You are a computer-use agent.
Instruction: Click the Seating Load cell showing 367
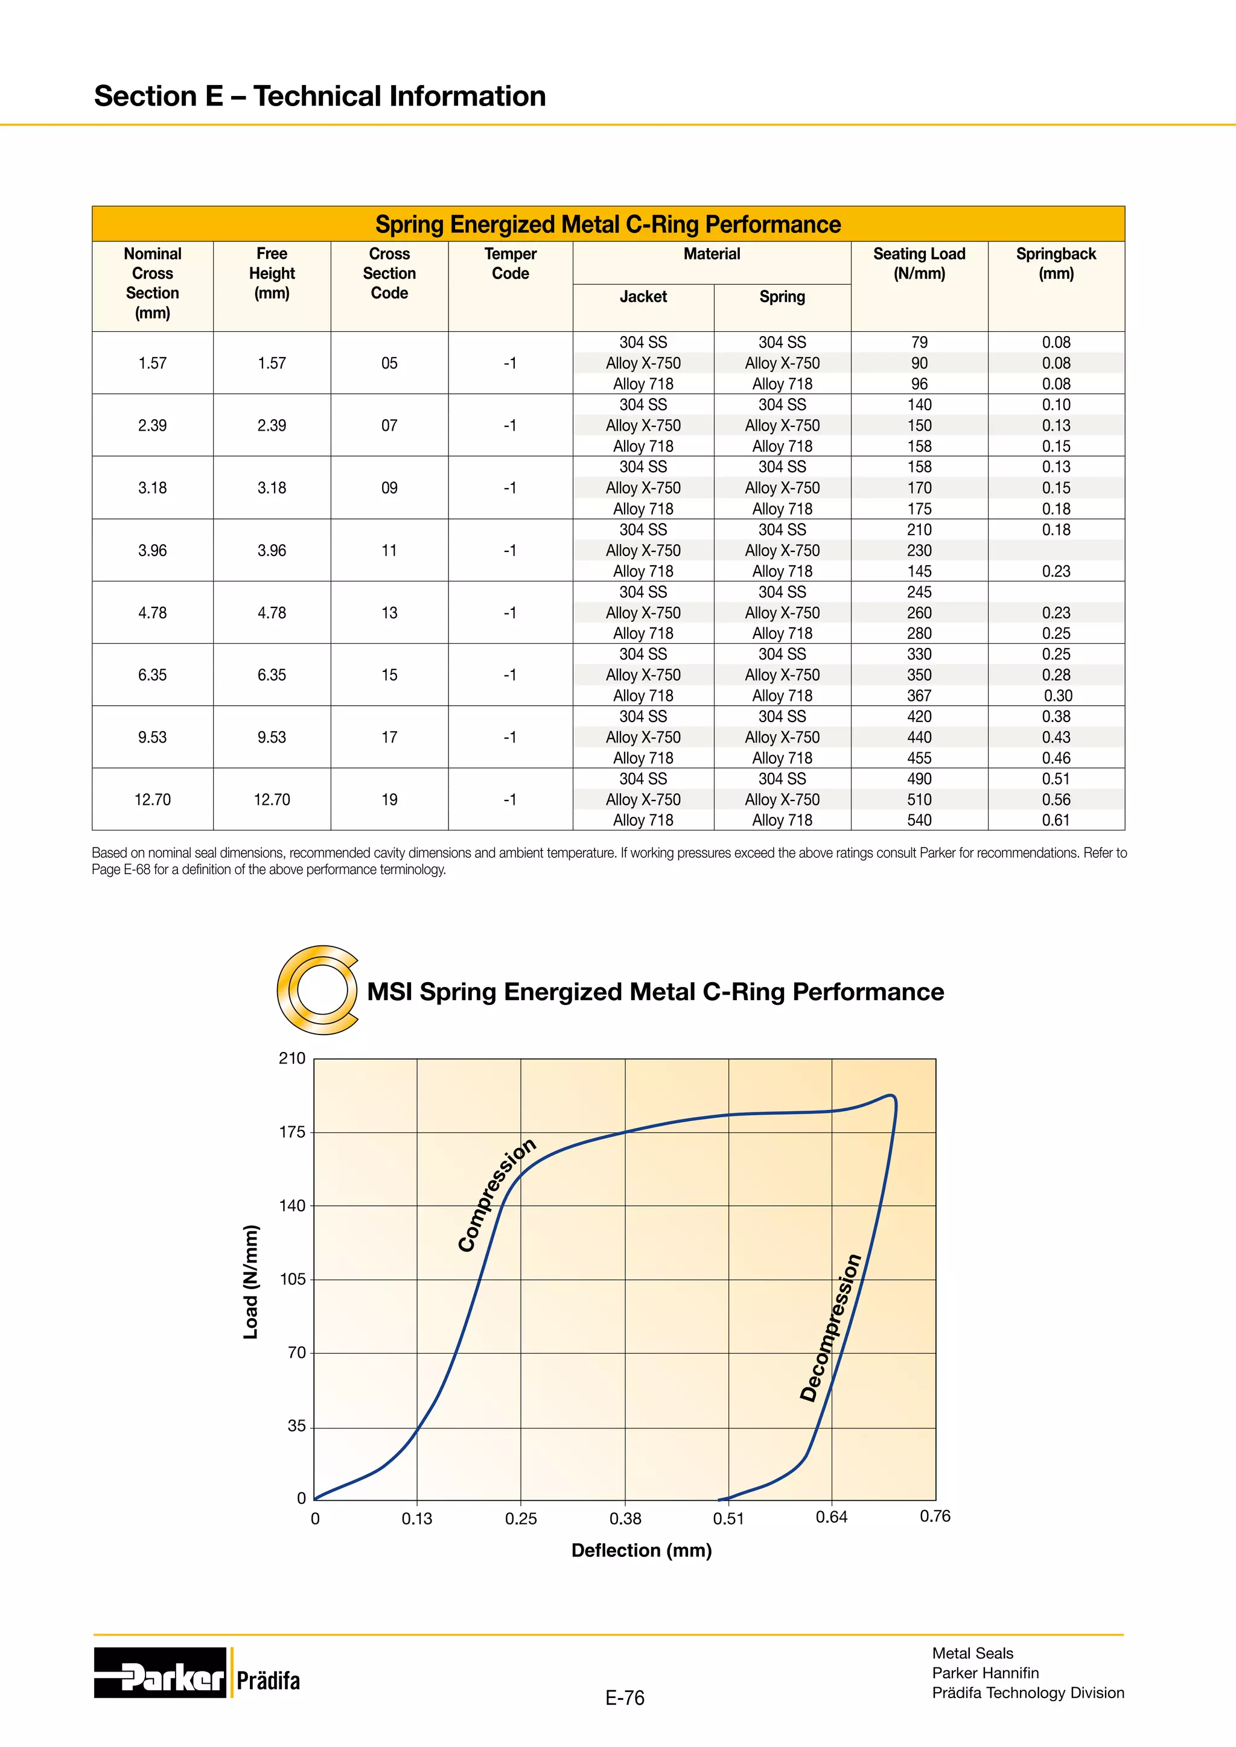click(919, 696)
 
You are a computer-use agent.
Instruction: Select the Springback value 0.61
click(1056, 820)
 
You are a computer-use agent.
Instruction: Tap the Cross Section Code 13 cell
click(389, 612)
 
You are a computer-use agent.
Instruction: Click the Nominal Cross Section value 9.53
click(152, 737)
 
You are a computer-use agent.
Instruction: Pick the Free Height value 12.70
click(272, 800)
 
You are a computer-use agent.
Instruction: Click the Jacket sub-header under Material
click(642, 297)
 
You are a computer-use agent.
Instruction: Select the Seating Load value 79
click(919, 343)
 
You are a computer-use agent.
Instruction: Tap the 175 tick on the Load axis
click(292, 1132)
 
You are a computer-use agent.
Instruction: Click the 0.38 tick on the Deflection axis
click(625, 1519)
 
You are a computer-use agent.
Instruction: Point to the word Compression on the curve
click(496, 1196)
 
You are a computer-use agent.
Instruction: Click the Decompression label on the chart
click(830, 1328)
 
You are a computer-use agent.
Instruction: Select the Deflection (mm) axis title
click(641, 1550)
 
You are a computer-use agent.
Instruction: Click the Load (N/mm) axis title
click(250, 1282)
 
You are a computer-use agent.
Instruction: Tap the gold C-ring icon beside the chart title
click(317, 989)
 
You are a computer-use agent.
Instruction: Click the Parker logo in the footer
click(160, 1672)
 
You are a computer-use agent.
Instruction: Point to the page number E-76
click(624, 1698)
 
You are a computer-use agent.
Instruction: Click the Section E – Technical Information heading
click(320, 97)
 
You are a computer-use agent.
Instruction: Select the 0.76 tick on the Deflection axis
click(935, 1517)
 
